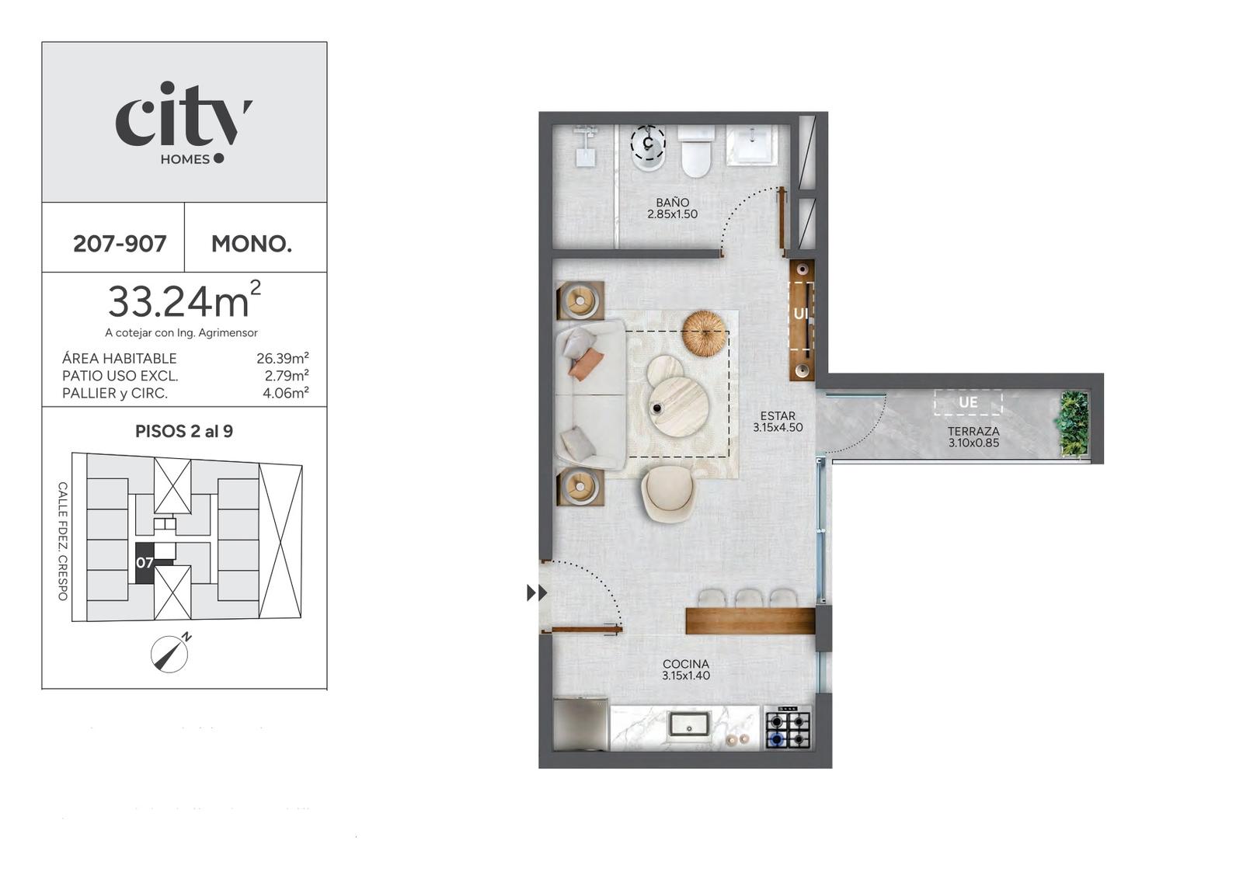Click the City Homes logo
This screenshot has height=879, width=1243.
tap(183, 123)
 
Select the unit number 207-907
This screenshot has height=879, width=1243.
tap(120, 244)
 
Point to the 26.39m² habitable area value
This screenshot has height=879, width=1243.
tap(283, 358)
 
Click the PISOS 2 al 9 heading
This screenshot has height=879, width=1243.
tap(184, 432)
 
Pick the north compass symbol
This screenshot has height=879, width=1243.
tap(170, 653)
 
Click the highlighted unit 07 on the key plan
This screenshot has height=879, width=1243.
tap(144, 562)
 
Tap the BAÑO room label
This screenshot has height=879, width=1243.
tap(673, 203)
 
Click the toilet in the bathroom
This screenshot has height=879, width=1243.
tap(696, 151)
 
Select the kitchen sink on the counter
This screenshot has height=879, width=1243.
tap(688, 724)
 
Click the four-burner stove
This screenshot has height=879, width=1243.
tap(788, 727)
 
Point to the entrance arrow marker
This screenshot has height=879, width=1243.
tap(537, 592)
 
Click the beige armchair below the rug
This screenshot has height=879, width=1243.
tap(667, 494)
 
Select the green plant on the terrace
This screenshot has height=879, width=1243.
tap(1074, 424)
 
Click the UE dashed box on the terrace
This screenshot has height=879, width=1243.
tap(968, 402)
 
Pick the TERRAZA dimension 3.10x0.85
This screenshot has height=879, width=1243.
tap(974, 443)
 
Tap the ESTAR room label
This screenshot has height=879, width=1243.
tap(778, 416)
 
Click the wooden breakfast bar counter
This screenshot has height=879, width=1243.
tap(750, 620)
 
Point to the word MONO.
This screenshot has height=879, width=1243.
tap(252, 244)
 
